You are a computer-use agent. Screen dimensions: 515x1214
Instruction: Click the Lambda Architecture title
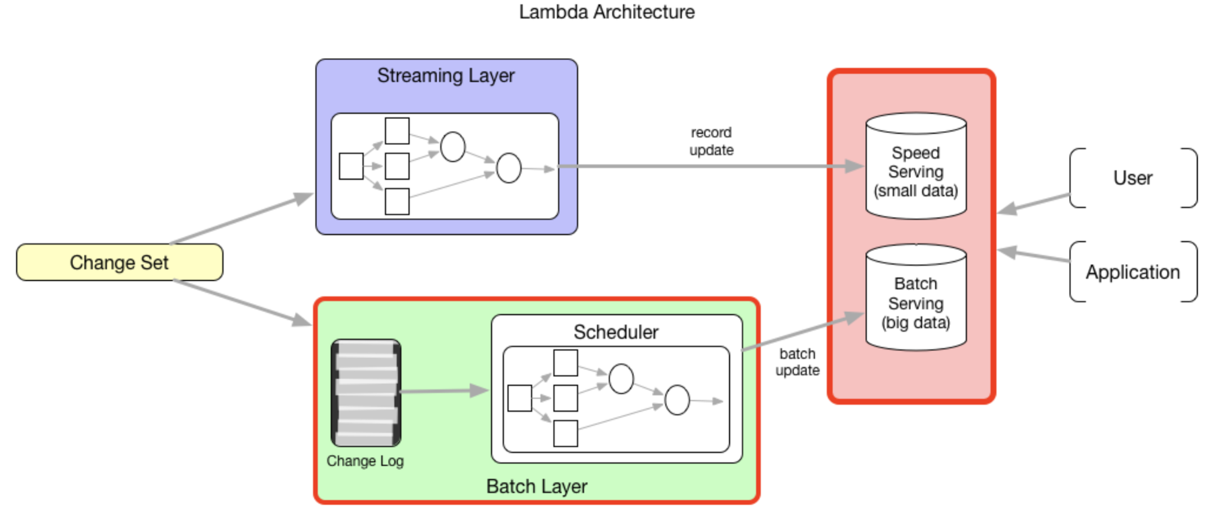(607, 12)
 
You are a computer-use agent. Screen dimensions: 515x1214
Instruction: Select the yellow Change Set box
(119, 262)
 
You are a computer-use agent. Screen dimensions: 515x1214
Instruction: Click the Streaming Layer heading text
(446, 76)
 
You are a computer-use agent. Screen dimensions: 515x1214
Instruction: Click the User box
(1133, 178)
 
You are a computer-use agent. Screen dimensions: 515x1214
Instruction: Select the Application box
(1133, 272)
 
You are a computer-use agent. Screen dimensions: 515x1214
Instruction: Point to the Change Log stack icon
(366, 393)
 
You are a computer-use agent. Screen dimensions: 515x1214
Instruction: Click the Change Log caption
(365, 461)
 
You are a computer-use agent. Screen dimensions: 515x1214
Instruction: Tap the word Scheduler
(616, 332)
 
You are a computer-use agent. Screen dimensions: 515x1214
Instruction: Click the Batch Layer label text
(537, 486)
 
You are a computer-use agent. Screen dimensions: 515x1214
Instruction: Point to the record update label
(711, 141)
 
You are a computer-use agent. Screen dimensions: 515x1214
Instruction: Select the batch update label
(797, 362)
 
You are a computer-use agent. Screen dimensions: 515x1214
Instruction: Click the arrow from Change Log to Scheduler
(443, 391)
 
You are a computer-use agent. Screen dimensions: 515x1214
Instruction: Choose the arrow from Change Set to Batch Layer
(243, 302)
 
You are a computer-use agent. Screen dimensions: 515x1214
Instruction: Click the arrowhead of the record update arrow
(854, 166)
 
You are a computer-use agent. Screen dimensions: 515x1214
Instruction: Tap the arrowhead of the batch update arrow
(854, 317)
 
